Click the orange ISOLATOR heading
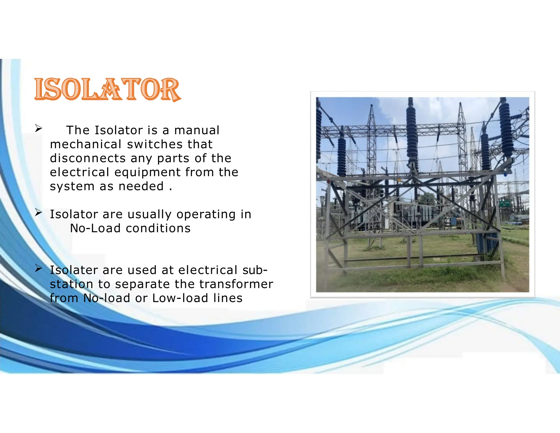pos(107,89)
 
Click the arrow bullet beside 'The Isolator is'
pos(38,128)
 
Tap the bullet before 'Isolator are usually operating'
pos(38,212)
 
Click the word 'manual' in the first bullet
pos(197,130)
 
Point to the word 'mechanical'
pos(86,144)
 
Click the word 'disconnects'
pos(87,158)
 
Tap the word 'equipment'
pos(147,172)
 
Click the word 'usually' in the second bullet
pos(149,214)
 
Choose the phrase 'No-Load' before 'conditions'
pos(95,228)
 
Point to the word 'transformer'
pos(236,284)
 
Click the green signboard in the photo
pos(504,204)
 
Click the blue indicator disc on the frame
pos(505,174)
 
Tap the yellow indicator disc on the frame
pos(399,180)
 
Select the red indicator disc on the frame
pos(328,181)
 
